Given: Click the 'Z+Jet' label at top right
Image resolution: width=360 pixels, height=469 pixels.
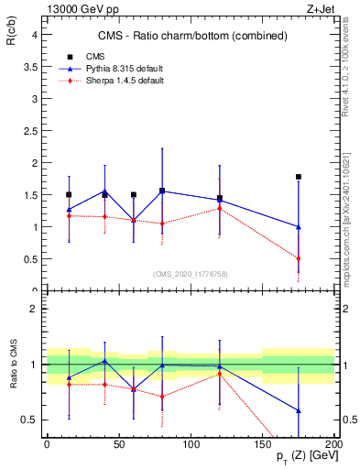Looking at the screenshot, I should [322, 8].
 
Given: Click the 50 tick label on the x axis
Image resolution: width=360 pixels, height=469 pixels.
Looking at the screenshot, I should [119, 445].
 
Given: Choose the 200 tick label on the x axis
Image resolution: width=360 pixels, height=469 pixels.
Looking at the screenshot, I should [334, 445].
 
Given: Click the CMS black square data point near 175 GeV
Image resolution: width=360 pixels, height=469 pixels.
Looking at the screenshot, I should [299, 177].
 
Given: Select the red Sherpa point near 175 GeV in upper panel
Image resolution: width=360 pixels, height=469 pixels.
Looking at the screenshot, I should [299, 258].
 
